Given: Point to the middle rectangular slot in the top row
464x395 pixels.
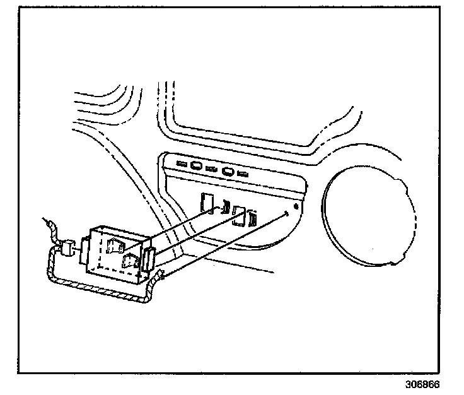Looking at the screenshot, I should coord(211,168).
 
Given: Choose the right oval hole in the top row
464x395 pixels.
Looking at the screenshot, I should coord(228,171).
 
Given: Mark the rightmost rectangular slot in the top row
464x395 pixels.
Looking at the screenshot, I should coord(243,173).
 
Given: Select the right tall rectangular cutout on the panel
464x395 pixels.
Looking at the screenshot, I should coord(238,215).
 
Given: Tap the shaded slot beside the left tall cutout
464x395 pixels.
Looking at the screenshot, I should coord(224,206).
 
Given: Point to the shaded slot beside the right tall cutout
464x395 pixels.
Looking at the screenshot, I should coord(253,219).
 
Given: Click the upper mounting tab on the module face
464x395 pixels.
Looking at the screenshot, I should coord(115,246).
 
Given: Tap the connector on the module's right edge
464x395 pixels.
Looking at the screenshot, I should coord(150,259).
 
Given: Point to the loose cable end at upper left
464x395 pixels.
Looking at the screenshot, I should coord(46,222).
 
